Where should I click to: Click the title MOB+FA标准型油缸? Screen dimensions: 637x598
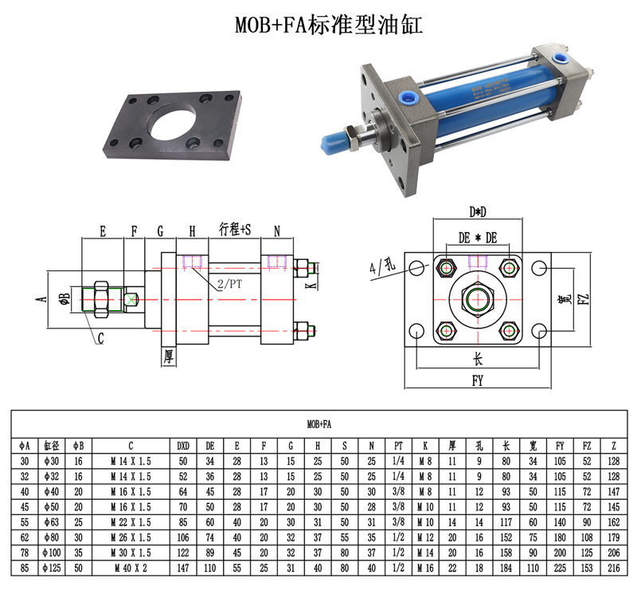pos(329,25)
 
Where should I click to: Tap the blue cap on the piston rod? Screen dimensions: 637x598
pos(333,143)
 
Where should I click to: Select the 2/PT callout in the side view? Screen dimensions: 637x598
pos(229,284)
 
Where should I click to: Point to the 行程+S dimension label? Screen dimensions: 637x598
pos(235,230)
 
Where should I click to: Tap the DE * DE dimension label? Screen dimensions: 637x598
pos(478,238)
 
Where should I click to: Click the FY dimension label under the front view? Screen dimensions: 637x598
pos(478,381)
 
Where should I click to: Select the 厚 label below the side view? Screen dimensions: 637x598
pos(169,356)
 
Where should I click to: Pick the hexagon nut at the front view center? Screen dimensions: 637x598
pos(478,300)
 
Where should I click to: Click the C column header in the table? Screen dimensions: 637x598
pos(131,446)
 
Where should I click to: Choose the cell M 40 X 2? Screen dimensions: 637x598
pos(131,568)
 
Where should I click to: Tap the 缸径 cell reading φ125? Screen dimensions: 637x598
pos(52,568)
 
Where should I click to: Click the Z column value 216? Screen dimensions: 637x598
pos(613,568)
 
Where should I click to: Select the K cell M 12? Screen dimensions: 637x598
pos(425,537)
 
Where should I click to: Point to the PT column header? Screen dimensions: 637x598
pos(398,446)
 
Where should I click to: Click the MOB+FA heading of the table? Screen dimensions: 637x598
pos(319,424)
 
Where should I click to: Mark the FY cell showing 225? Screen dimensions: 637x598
pos(560,568)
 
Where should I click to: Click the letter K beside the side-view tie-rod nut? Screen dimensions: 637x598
pos(311,285)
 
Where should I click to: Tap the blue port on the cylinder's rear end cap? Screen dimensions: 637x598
pos(559,57)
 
